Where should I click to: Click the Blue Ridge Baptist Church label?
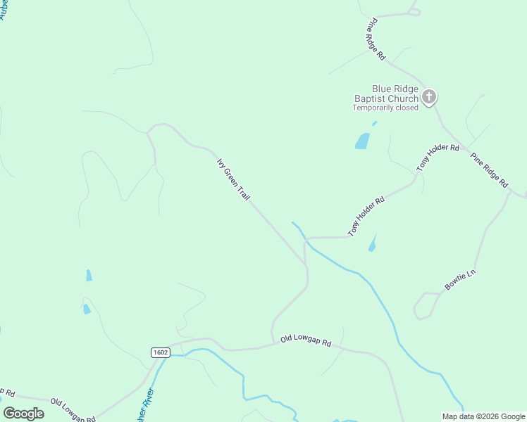click(385, 94)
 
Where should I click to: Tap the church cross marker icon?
click(428, 97)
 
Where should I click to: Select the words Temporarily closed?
click(385, 108)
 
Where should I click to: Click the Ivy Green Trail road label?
click(233, 179)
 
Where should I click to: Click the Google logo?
click(24, 414)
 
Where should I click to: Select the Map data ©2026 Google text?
click(484, 416)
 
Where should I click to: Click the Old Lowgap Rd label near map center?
click(305, 340)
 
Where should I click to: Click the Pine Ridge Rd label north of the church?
click(376, 39)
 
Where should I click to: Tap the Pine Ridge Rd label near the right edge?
click(490, 170)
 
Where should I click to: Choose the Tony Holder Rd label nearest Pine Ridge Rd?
click(438, 158)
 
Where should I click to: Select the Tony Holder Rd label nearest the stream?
click(366, 216)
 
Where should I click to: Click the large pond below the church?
click(362, 141)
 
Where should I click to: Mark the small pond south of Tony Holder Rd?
click(372, 244)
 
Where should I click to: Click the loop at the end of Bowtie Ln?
click(423, 307)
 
